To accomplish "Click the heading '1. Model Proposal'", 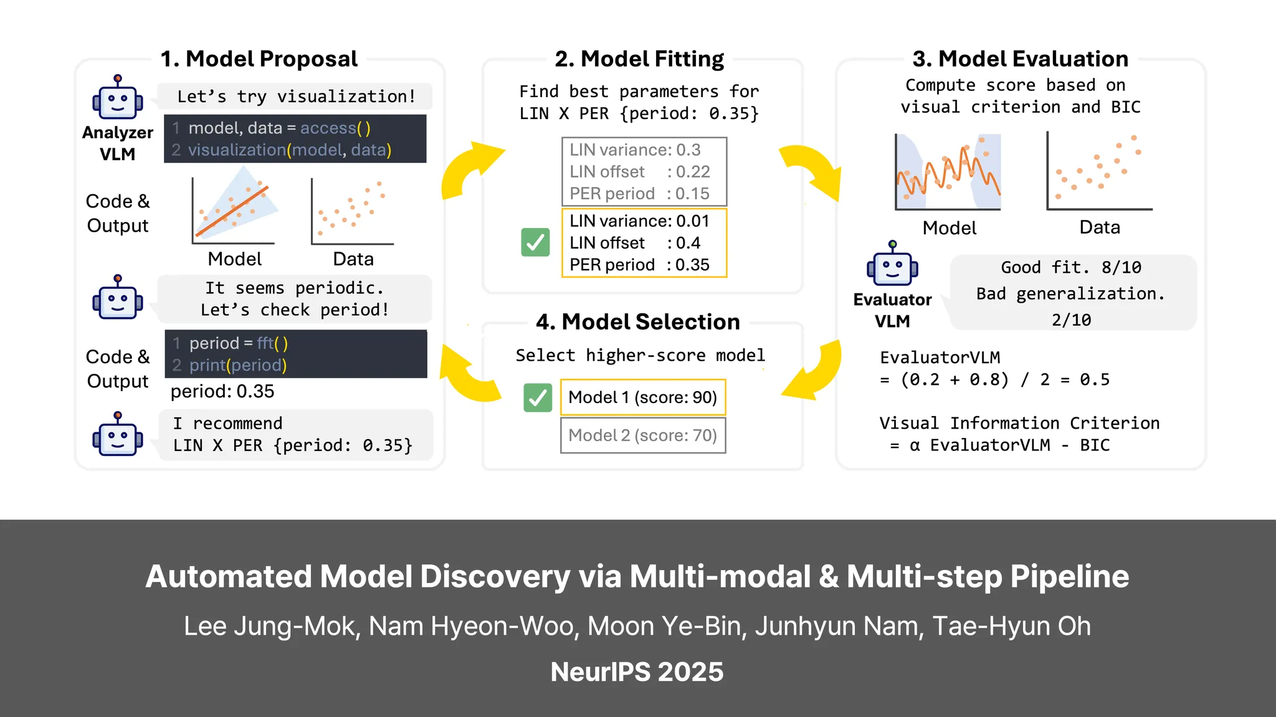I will point(259,59).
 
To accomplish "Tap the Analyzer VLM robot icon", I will point(118,98).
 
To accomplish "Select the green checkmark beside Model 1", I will point(538,397).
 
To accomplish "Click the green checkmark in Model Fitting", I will point(535,242).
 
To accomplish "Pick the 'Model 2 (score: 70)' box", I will point(643,435).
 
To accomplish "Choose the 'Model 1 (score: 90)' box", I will point(643,397).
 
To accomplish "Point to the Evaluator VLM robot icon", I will point(892,265).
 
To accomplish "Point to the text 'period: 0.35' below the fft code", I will point(222,391).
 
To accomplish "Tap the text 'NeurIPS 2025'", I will point(637,672).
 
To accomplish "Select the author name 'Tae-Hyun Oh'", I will point(1011,626).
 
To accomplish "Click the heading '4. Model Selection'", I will point(637,322).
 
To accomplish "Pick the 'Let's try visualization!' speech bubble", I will point(296,97).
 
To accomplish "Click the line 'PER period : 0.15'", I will point(639,194).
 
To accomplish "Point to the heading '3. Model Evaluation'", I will point(1020,59).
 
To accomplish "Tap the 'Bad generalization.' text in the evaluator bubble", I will point(1070,293).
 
